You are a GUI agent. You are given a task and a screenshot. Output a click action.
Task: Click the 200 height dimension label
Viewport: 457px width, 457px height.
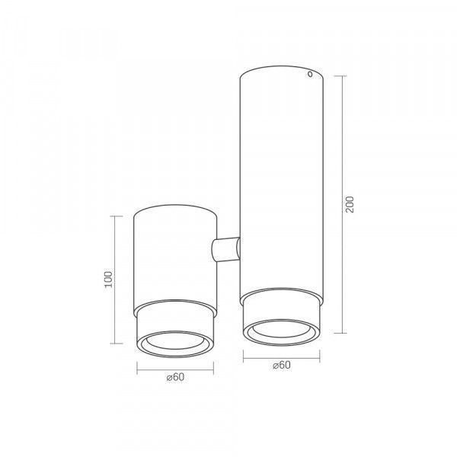click(x=350, y=204)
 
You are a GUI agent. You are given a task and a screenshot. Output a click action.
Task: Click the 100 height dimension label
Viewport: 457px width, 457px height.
click(x=108, y=280)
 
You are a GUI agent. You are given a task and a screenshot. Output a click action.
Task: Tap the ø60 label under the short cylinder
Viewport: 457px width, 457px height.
click(x=175, y=377)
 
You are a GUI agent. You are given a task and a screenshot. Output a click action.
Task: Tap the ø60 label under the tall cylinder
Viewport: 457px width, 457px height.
click(x=282, y=365)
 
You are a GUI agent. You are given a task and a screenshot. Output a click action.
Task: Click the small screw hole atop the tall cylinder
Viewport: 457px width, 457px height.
click(x=310, y=75)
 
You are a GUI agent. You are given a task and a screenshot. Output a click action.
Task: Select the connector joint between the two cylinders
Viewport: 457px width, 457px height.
click(x=225, y=249)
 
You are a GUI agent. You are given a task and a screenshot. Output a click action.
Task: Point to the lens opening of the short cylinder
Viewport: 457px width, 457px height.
click(x=175, y=341)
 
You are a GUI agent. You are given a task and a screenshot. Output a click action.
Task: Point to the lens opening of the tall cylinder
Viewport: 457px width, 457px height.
click(x=281, y=330)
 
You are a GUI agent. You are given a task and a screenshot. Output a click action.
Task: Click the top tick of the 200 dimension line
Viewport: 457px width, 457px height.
click(x=340, y=75)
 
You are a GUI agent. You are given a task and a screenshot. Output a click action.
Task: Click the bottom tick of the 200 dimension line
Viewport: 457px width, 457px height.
click(x=340, y=333)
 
